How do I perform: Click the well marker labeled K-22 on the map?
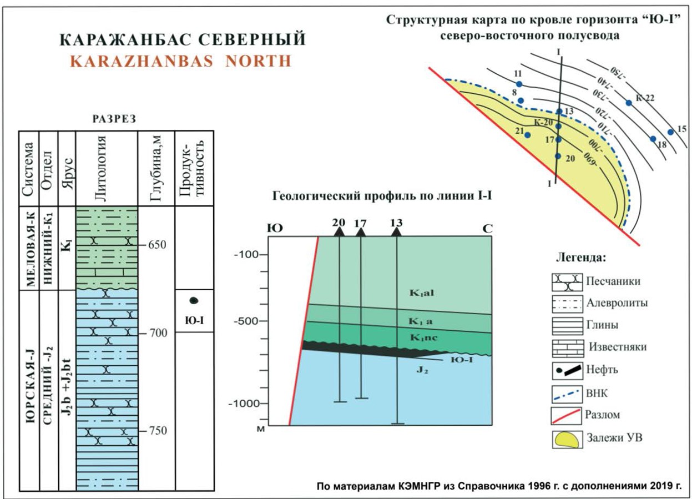tap(628, 103)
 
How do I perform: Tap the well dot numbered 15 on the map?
tap(671, 132)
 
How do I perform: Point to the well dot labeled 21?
tap(528, 135)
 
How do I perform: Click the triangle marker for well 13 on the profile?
tap(396, 231)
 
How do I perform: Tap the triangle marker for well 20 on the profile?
tap(339, 231)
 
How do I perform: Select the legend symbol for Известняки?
tap(565, 347)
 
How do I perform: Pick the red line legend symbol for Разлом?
tap(565, 415)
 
